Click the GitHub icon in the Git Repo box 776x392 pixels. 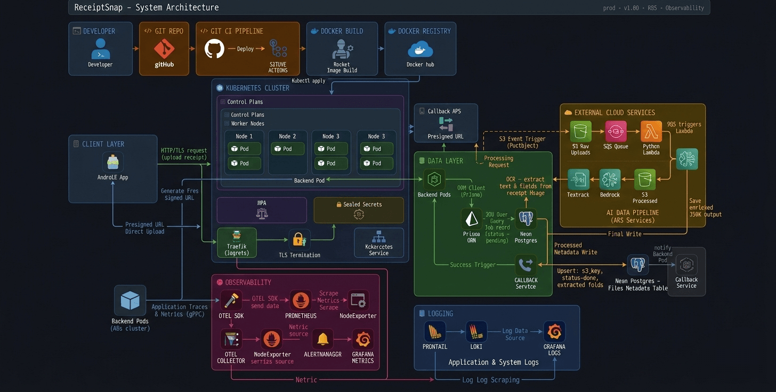pos(164,49)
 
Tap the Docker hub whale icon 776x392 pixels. pos(420,50)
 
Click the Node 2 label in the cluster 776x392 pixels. pos(287,136)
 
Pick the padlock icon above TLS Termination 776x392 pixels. pos(299,240)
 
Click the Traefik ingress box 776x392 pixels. pos(237,243)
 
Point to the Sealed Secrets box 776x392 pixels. pos(359,210)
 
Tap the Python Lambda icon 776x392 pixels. pos(651,131)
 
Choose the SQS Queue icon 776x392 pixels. pos(616,131)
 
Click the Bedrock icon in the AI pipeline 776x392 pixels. pos(610,180)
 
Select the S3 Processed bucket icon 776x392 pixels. pos(644,180)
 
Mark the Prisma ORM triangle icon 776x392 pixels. pos(471,219)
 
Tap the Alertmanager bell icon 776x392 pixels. pos(322,339)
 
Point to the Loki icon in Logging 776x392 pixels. pos(476,332)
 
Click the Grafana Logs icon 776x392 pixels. pos(554,332)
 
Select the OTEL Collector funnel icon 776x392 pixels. pos(231,339)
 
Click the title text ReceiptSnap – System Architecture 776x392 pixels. pos(146,7)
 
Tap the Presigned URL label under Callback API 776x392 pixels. pos(445,136)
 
